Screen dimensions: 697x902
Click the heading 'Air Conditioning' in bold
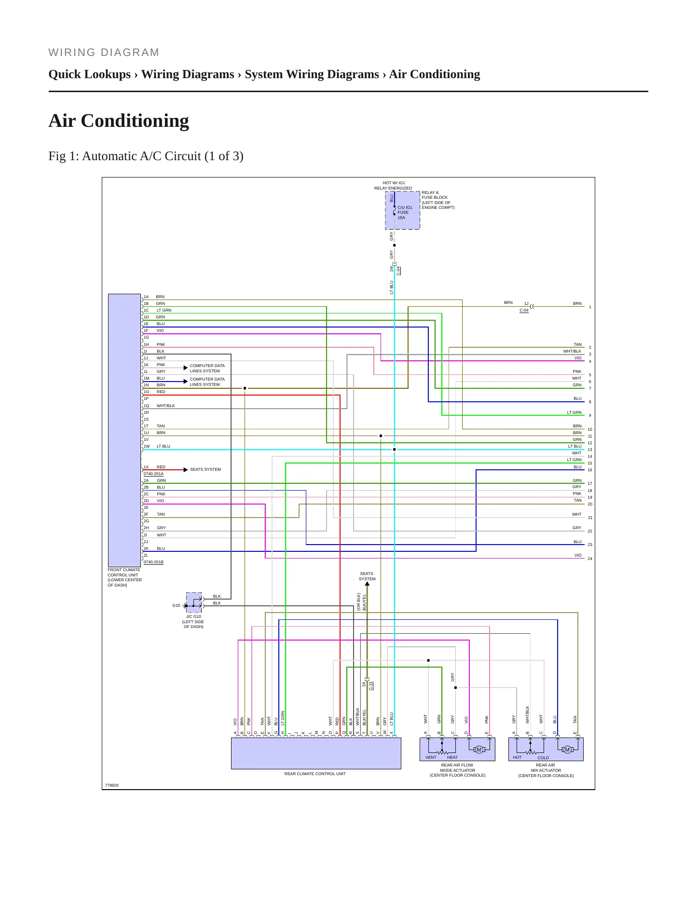click(119, 121)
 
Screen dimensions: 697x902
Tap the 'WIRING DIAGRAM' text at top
click(104, 53)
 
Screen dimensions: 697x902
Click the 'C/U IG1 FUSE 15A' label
click(405, 213)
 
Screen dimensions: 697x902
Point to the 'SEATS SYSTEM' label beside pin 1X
click(205, 469)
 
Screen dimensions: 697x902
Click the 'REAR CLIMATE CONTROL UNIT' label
click(315, 774)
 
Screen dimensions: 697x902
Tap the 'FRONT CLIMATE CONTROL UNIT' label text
click(124, 577)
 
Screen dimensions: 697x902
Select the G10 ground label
click(176, 605)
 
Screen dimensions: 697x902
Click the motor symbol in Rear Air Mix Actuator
click(567, 749)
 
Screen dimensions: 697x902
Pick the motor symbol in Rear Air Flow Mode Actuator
click(478, 749)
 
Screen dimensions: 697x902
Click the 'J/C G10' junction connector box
click(194, 602)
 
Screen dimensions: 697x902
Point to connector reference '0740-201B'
click(153, 562)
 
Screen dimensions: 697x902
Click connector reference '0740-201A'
click(153, 474)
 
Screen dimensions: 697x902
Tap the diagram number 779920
click(111, 785)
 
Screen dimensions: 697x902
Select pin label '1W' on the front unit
click(147, 446)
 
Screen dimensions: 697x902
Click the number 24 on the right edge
click(590, 559)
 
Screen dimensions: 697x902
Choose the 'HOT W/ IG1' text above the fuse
click(394, 183)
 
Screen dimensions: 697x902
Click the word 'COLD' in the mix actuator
click(543, 758)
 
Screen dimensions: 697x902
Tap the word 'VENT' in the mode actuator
click(431, 757)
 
